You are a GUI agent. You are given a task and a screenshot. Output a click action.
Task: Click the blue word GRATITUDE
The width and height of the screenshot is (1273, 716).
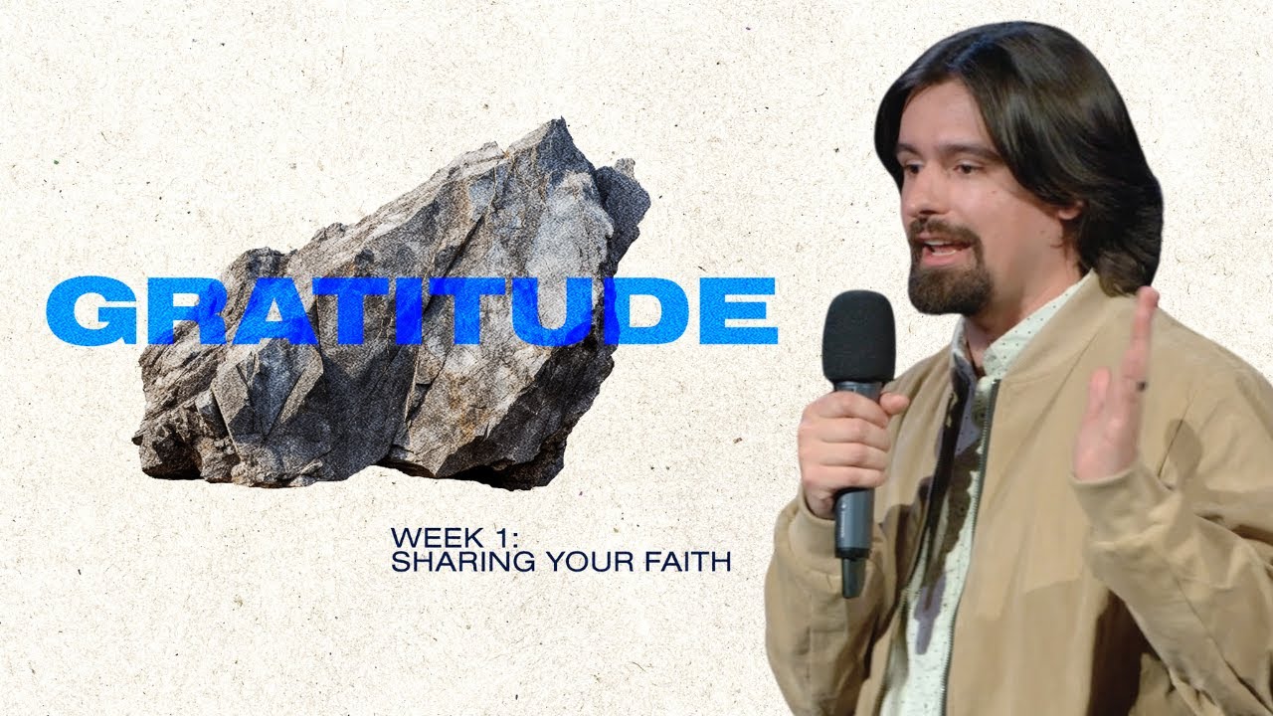(x=411, y=311)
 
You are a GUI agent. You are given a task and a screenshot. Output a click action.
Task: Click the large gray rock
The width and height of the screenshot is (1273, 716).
(x=398, y=398)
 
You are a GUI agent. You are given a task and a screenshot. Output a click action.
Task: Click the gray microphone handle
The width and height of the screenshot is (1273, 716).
(x=852, y=517)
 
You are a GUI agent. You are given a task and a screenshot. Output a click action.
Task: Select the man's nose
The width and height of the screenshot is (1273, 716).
(x=917, y=204)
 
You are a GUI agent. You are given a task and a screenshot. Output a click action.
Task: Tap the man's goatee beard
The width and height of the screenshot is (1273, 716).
(x=950, y=283)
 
